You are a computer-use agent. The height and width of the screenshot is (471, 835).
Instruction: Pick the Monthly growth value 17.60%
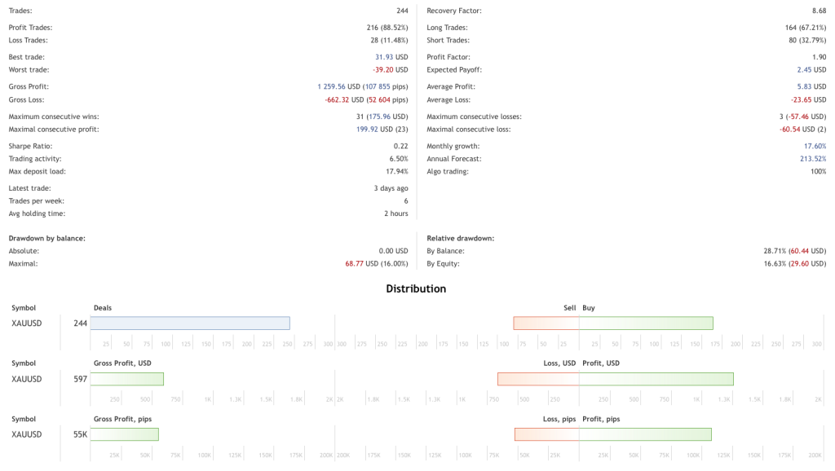click(x=813, y=146)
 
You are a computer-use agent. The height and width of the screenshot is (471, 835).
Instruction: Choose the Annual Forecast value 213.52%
click(x=813, y=159)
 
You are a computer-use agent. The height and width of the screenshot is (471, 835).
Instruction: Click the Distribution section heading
click(x=416, y=288)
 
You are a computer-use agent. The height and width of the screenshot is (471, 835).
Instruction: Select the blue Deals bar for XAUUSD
click(x=190, y=324)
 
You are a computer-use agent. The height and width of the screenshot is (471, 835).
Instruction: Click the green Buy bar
click(x=646, y=324)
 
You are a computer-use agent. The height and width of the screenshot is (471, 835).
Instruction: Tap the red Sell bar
click(x=546, y=324)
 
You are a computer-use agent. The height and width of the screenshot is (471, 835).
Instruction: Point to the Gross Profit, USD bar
click(x=127, y=379)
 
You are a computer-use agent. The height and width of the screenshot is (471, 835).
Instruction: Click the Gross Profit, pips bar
click(x=125, y=434)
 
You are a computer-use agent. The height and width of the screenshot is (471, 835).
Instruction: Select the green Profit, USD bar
click(x=656, y=379)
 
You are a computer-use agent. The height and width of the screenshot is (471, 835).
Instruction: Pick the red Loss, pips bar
click(x=547, y=434)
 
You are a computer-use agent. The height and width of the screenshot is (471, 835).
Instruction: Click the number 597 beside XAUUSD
click(x=80, y=379)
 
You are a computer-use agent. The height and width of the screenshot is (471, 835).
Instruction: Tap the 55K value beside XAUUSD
click(x=80, y=434)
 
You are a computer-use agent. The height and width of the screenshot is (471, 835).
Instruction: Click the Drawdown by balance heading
click(x=47, y=238)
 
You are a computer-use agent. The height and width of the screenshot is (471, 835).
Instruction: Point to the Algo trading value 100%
click(x=818, y=172)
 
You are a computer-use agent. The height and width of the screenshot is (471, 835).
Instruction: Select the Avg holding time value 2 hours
click(x=396, y=213)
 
